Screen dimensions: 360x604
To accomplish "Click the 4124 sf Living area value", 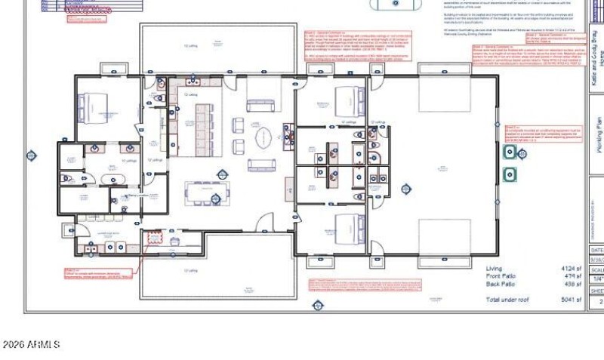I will click(x=570, y=269).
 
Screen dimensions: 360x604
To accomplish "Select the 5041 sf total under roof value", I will click(x=570, y=300).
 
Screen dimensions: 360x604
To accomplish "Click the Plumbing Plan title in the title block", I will click(x=596, y=136).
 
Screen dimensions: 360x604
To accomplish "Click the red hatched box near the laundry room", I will click(x=154, y=238).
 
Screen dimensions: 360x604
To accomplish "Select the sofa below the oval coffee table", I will click(x=261, y=165).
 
